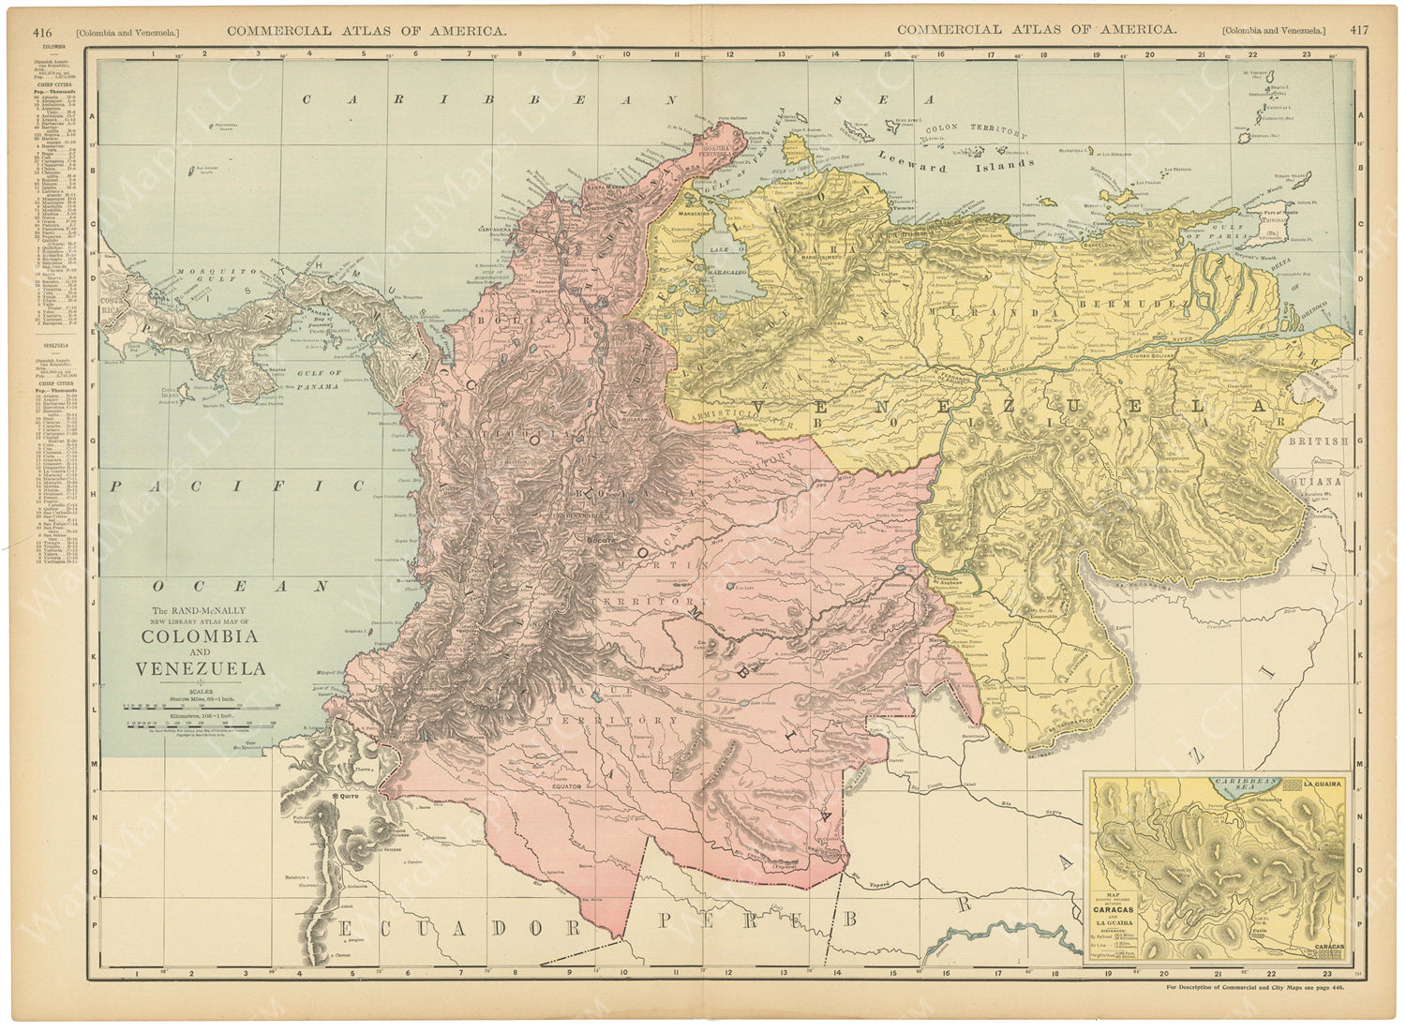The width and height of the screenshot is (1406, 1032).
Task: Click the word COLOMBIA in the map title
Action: click(199, 636)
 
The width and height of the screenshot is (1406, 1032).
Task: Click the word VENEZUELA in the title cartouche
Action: click(200, 669)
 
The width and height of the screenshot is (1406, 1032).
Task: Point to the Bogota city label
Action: click(600, 540)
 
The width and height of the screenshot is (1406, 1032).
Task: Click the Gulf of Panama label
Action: click(319, 373)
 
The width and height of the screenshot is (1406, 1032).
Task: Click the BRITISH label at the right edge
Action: click(1330, 440)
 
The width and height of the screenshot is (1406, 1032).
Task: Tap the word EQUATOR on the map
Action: click(566, 786)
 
